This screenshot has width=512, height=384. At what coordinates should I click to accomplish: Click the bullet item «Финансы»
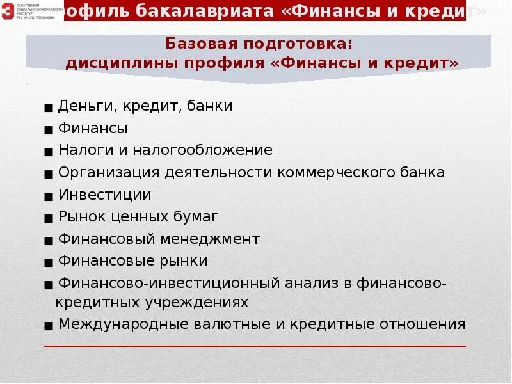pyautogui.click(x=93, y=128)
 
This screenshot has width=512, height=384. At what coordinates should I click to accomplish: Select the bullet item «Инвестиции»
pyautogui.click(x=104, y=195)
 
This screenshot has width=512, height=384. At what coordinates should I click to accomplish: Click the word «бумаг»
pyautogui.click(x=197, y=217)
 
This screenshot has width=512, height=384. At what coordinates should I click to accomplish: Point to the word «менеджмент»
pyautogui.click(x=219, y=239)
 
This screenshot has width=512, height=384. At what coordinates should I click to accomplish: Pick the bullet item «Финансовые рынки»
pyautogui.click(x=132, y=261)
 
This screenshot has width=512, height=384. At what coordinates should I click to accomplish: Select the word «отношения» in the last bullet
pyautogui.click(x=424, y=324)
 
